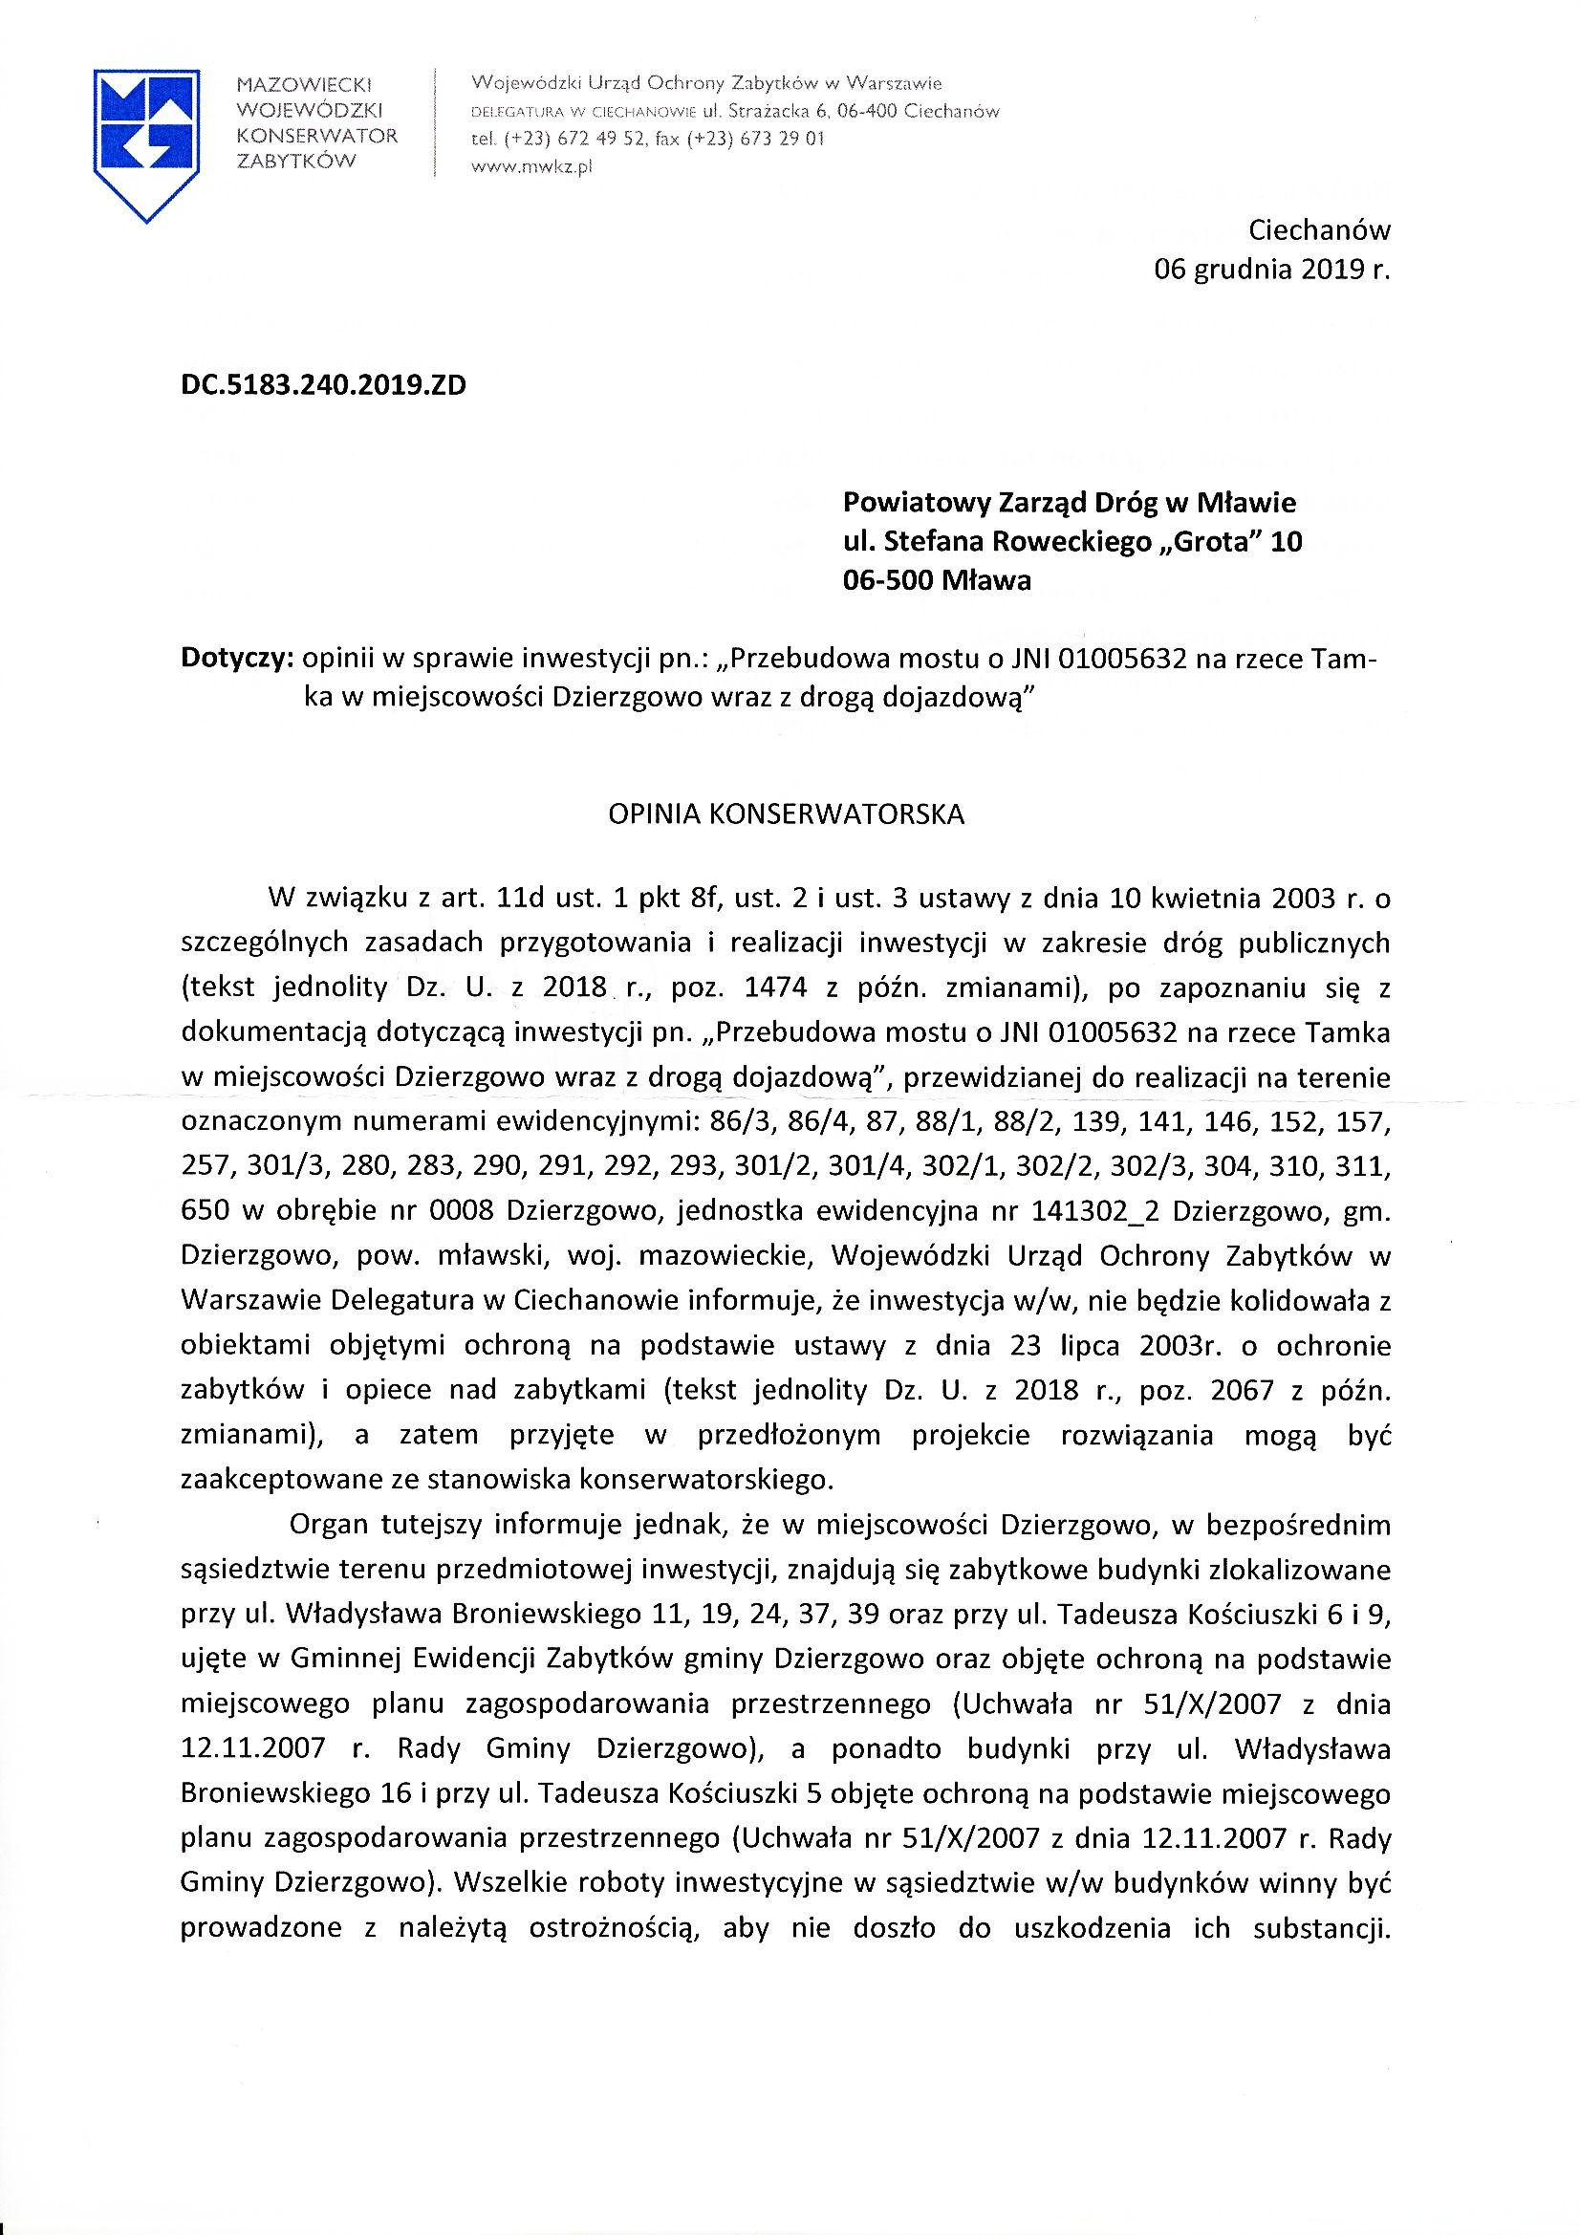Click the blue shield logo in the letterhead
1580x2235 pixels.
[x=146, y=143]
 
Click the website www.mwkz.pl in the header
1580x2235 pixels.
[x=531, y=166]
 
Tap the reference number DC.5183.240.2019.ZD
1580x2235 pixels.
[x=323, y=385]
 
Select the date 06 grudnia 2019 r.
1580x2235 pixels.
[x=1271, y=270]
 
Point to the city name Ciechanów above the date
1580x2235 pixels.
[x=1319, y=230]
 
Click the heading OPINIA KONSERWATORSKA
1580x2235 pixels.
[x=786, y=814]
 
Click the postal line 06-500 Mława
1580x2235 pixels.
[x=937, y=581]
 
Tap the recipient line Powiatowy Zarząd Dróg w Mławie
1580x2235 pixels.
[x=1069, y=503]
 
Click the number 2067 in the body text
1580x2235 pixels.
[x=1242, y=1390]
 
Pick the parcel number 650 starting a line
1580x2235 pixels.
[x=206, y=1211]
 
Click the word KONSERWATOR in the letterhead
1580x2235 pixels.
[x=317, y=137]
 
